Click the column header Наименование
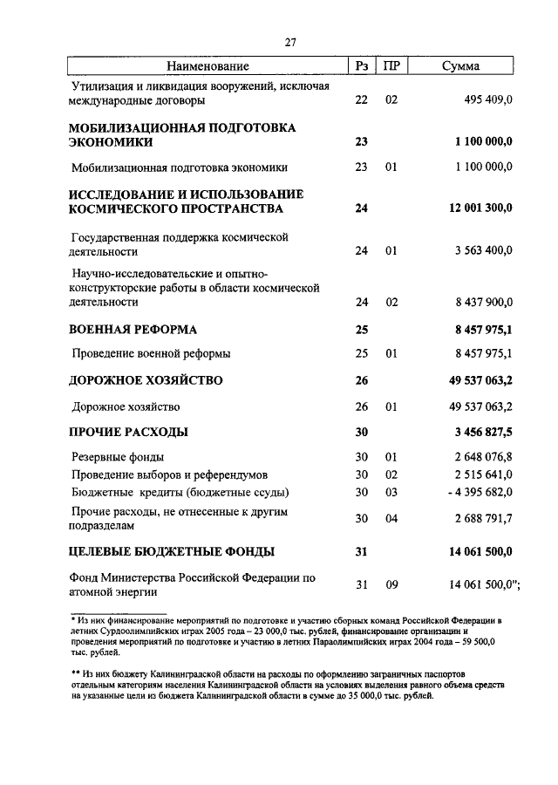[x=208, y=66]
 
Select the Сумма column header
[x=459, y=66]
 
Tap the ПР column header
[x=391, y=66]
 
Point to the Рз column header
[x=362, y=66]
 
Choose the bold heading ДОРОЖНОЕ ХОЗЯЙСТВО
[x=146, y=380]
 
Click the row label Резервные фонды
[x=118, y=456]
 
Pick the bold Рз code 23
[x=362, y=141]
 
